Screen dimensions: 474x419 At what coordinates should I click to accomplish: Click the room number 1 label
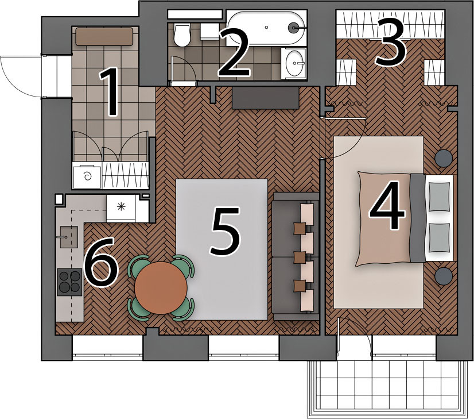pos(110,92)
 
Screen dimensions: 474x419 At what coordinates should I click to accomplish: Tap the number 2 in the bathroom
pos(234,53)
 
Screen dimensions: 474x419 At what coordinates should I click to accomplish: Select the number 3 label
pos(390,44)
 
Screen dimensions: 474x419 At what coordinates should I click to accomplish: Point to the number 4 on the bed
pos(387,205)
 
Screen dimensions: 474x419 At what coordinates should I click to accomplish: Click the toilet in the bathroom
pos(182,35)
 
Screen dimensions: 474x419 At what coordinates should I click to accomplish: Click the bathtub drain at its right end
pos(293,28)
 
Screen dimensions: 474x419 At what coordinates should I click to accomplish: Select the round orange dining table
pos(161,287)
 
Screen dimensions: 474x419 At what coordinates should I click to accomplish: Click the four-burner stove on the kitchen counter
pos(70,282)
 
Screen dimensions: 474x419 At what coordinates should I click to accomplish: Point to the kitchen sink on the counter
pos(68,237)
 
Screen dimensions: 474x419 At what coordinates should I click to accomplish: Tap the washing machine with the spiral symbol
pos(87,176)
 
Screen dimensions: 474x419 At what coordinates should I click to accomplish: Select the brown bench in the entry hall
pos(104,37)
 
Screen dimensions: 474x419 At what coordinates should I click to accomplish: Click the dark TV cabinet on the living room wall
pos(266,98)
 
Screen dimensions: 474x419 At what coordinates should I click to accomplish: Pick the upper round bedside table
pos(444,158)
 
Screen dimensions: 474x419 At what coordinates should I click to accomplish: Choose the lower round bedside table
pos(444,276)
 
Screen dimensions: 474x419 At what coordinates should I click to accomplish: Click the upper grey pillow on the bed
pos(440,197)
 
